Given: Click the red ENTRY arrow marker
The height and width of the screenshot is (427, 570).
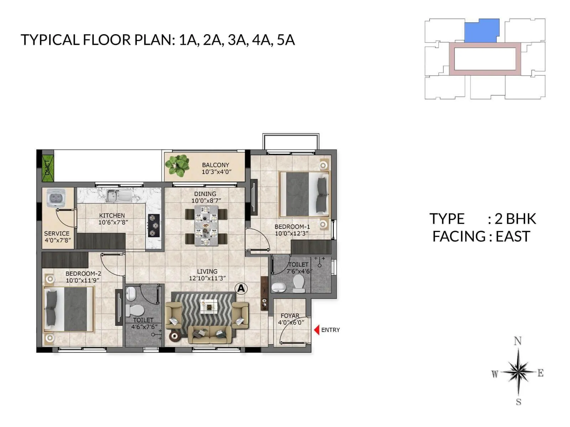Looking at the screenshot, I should [316, 330].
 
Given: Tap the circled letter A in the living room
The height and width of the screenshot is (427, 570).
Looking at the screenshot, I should [241, 288].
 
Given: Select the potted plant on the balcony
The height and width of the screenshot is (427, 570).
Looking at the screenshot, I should [177, 165].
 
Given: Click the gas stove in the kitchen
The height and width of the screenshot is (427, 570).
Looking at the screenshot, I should [154, 226].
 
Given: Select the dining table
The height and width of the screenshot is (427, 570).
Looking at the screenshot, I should [206, 226].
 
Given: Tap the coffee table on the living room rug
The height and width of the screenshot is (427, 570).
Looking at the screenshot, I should [208, 306].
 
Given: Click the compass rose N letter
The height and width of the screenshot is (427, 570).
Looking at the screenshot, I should [518, 341].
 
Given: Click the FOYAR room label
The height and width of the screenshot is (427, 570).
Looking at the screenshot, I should [290, 316].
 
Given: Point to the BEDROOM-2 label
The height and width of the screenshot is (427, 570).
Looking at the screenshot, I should [83, 274].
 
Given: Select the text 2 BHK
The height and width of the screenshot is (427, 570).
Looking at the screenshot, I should [515, 219].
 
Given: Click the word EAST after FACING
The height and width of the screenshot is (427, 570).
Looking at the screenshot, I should [513, 237].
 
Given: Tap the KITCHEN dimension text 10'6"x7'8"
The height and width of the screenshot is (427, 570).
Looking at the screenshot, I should [113, 222].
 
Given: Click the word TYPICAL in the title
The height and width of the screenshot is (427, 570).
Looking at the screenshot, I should [50, 40].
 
